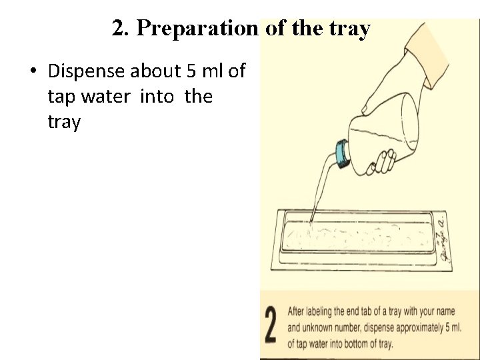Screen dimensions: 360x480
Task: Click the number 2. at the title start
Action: pyautogui.click(x=120, y=29)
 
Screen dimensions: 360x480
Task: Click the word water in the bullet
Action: pyautogui.click(x=113, y=97)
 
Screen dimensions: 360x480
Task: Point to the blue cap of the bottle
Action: pyautogui.click(x=343, y=153)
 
